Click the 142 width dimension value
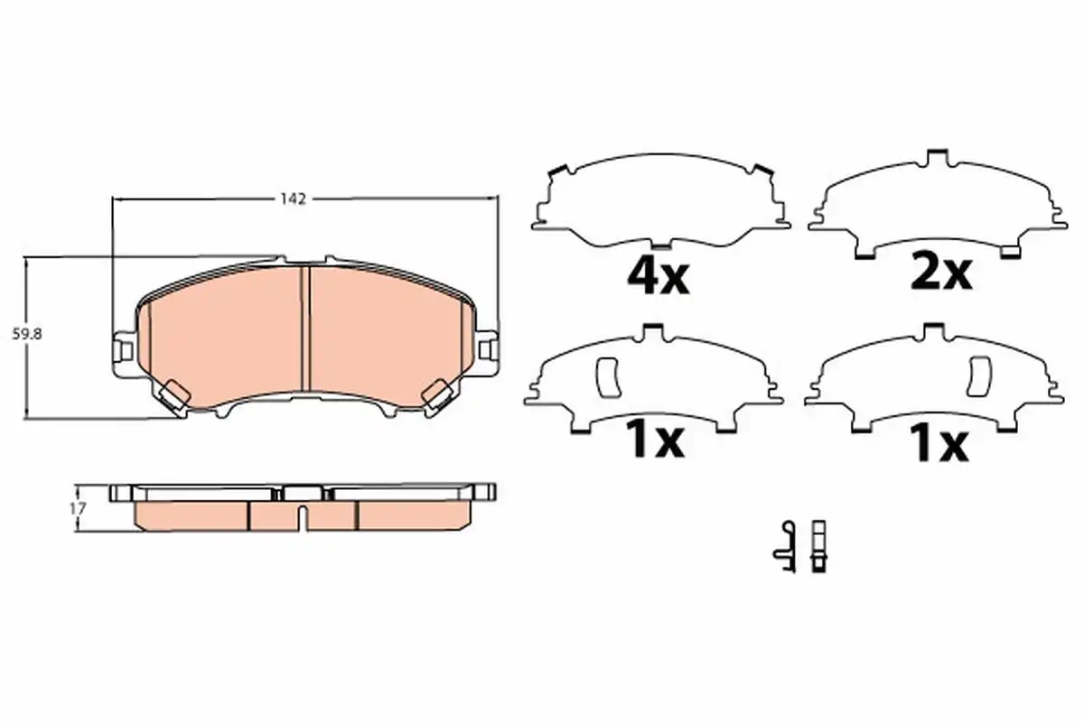(293, 199)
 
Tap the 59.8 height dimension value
(27, 334)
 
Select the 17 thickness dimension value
(78, 509)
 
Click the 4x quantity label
(658, 279)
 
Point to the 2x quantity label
(941, 274)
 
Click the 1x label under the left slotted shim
(655, 441)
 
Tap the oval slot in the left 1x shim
(609, 377)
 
